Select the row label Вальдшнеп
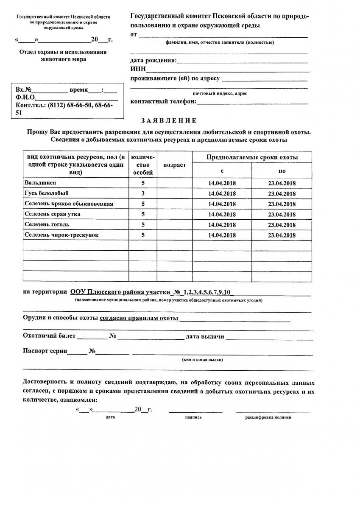click(x=40, y=183)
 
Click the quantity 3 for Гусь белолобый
click(x=143, y=194)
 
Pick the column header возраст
click(x=174, y=165)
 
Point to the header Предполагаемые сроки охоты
click(x=252, y=157)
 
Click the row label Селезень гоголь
click(x=47, y=224)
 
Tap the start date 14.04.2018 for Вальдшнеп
click(x=222, y=183)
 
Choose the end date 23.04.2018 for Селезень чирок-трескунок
click(x=282, y=235)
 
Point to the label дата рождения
click(x=153, y=60)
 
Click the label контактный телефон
click(x=163, y=101)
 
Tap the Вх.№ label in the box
click(x=24, y=90)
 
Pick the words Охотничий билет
click(x=49, y=336)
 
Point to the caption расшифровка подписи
click(x=268, y=417)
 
